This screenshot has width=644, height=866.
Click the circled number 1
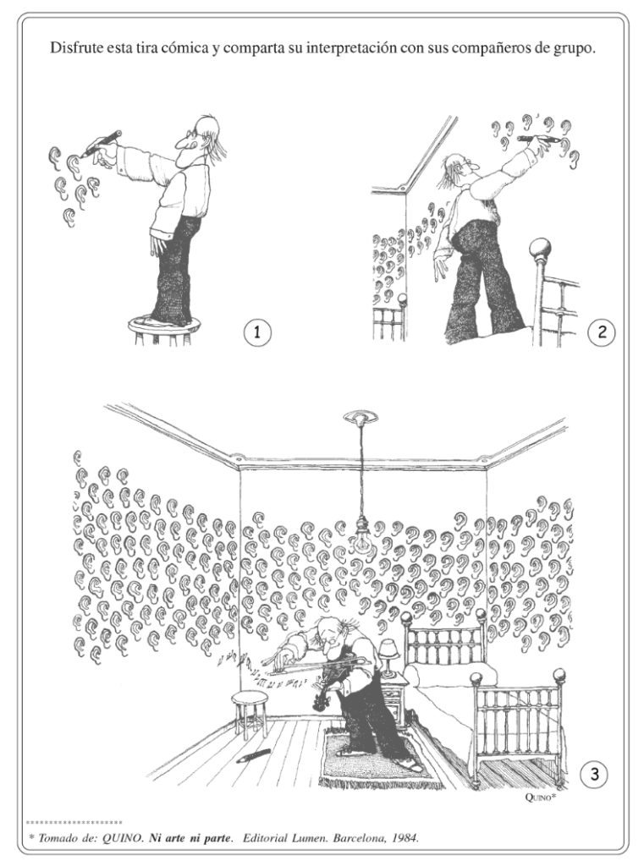tap(257, 332)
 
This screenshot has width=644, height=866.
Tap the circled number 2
tap(602, 332)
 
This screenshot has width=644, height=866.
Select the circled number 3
tap(594, 774)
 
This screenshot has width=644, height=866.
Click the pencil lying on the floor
tap(253, 755)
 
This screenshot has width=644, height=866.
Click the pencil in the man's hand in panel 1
tap(102, 142)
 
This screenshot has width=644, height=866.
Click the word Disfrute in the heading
tap(74, 47)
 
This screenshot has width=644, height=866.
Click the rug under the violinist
tap(377, 758)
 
